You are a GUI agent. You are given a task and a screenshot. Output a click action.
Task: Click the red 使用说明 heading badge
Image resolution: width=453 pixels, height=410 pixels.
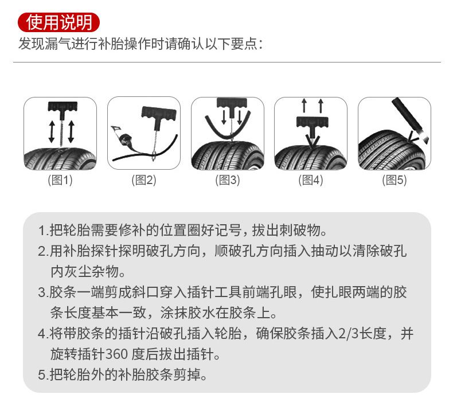point(59,22)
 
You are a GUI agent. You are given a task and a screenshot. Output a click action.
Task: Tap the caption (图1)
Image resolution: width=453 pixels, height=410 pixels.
point(60,180)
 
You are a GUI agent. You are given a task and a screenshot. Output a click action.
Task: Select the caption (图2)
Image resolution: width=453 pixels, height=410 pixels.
point(143,180)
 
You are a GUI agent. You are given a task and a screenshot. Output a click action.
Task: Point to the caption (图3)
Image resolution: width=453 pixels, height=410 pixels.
point(227,180)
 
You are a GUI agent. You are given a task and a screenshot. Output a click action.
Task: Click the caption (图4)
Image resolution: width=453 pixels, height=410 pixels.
point(311,180)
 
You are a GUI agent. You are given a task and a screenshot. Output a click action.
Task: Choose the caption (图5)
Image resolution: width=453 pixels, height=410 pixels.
point(394,180)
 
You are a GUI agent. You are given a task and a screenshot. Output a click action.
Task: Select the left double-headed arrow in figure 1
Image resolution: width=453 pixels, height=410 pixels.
point(51,132)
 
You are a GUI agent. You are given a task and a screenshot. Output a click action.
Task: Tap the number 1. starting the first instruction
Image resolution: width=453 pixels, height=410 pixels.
point(43,232)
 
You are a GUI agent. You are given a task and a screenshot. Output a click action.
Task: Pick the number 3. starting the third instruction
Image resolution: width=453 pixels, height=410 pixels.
point(43,292)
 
